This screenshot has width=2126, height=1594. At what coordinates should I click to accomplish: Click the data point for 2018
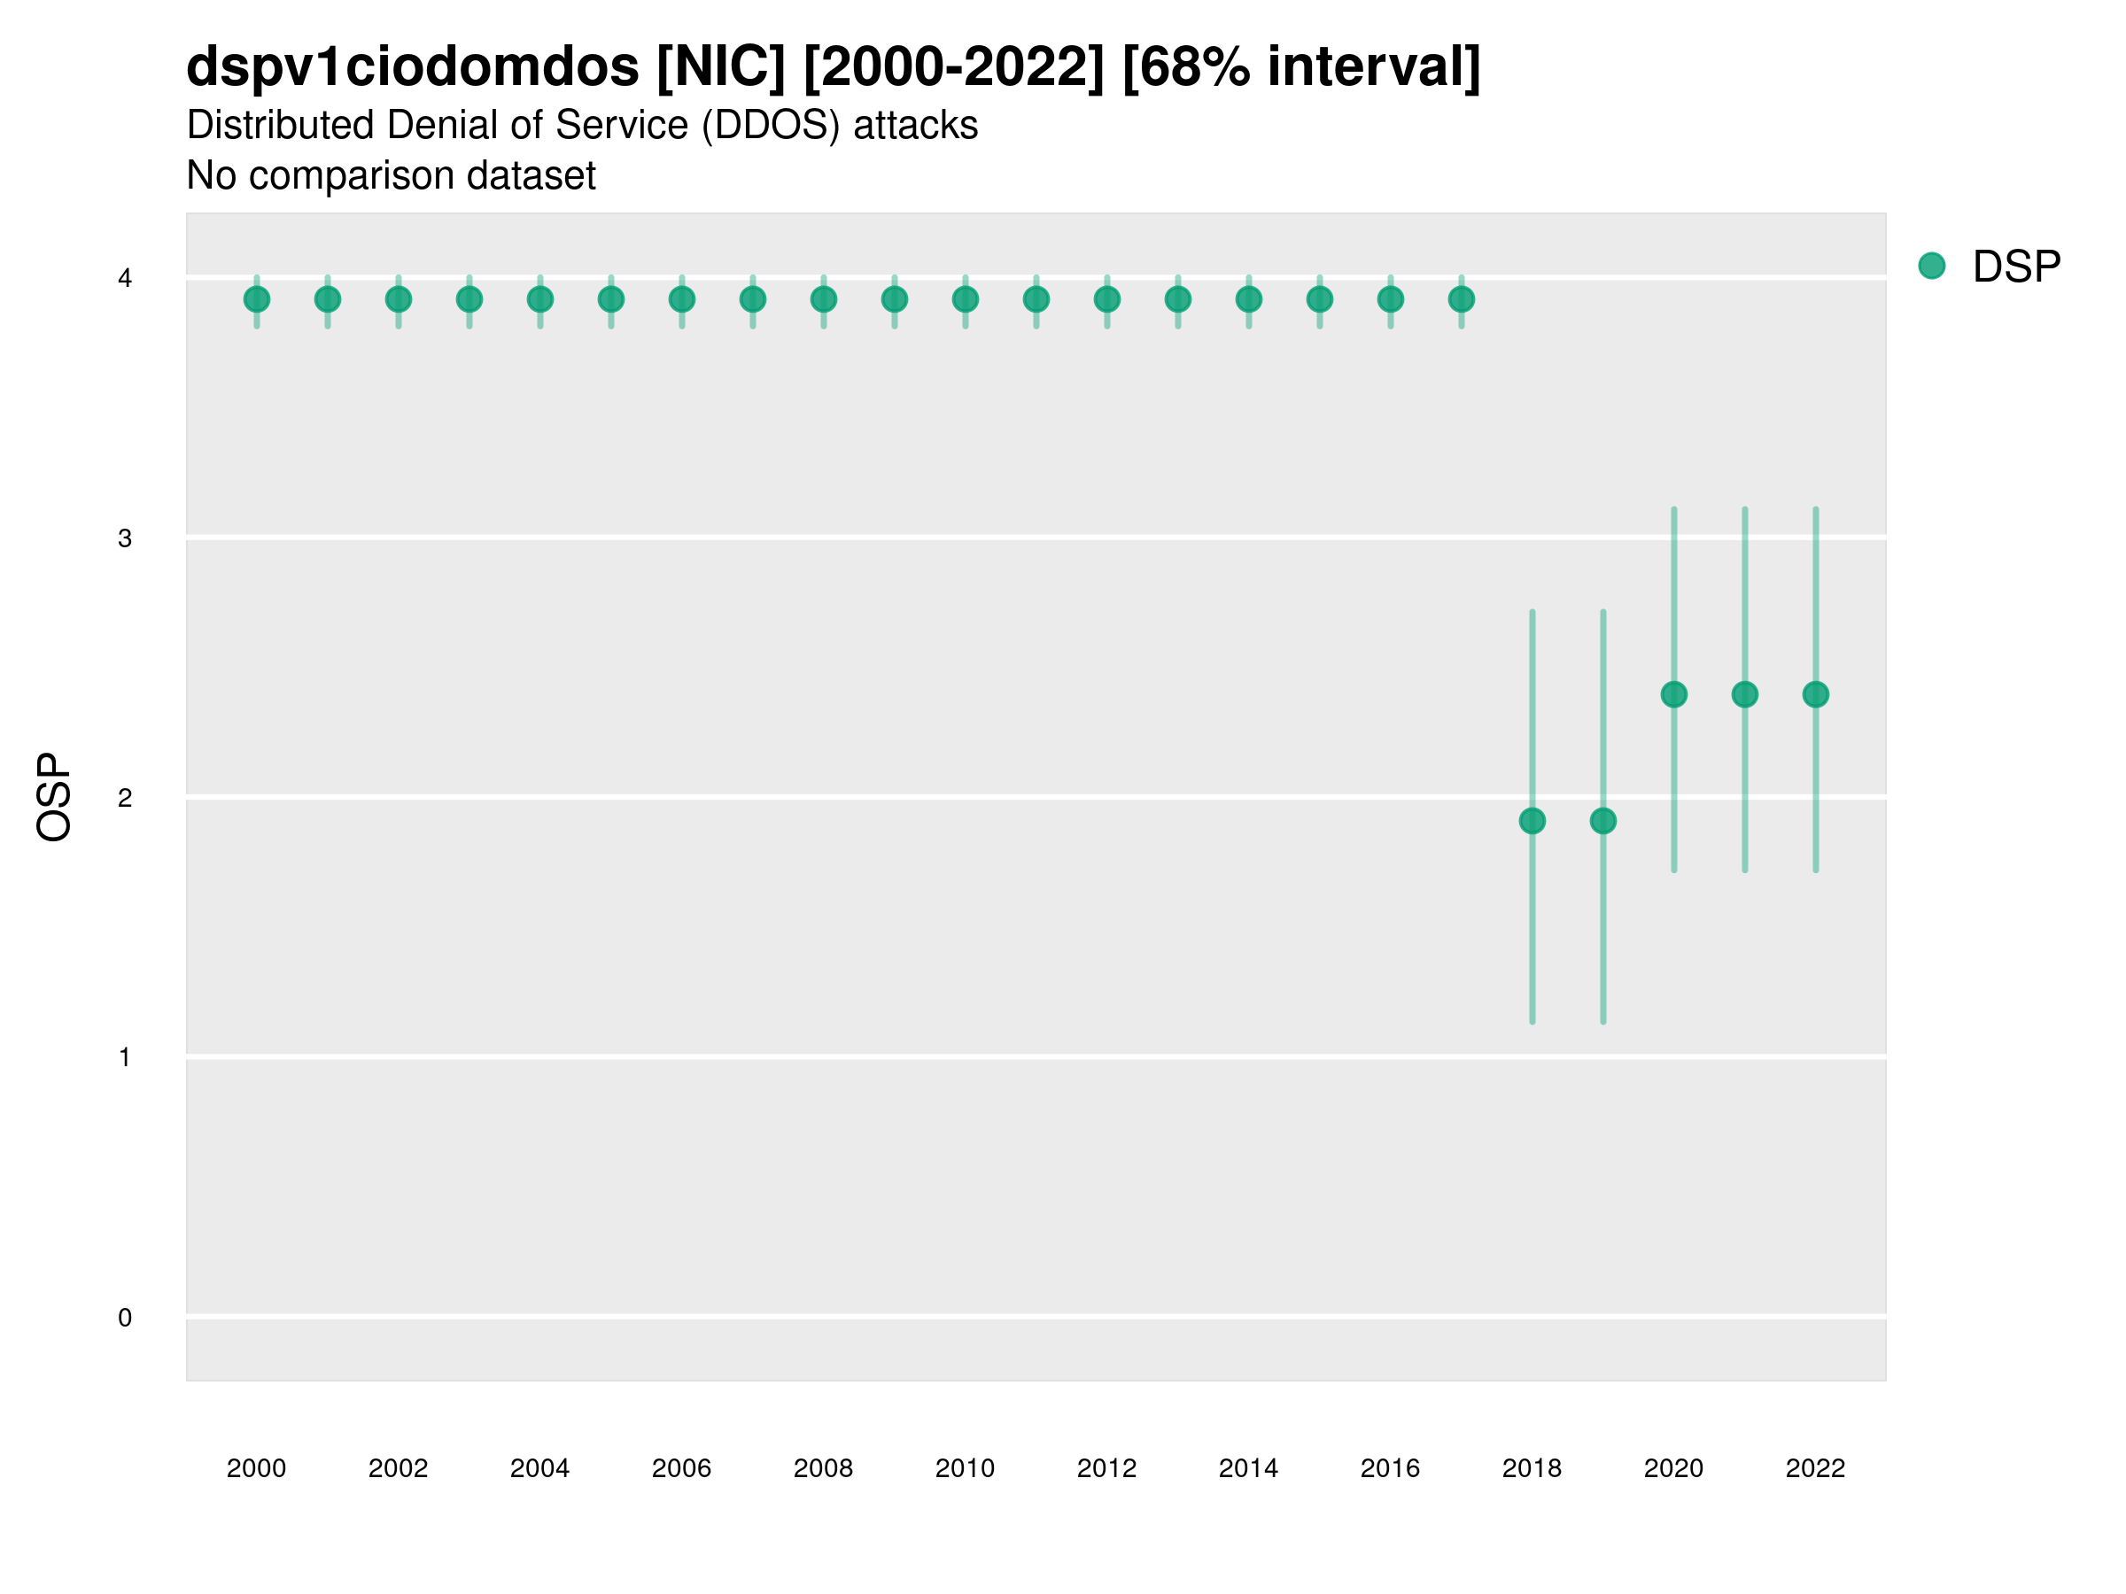point(1532,821)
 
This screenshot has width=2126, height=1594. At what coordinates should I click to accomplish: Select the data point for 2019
point(1603,821)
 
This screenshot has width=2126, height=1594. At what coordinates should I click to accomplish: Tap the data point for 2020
point(1673,693)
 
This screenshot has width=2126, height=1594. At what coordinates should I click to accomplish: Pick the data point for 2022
point(1816,693)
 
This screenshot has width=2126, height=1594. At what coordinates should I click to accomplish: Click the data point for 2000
point(257,300)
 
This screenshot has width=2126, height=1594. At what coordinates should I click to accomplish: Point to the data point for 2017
point(1461,300)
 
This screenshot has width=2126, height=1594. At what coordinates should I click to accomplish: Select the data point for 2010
point(965,300)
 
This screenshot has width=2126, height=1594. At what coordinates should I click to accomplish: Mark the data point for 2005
point(611,300)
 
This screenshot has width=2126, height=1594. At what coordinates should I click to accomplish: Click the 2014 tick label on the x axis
point(1248,1468)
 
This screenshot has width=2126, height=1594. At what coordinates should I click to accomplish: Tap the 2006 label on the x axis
point(681,1468)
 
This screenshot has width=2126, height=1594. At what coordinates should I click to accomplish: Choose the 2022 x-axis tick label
point(1816,1468)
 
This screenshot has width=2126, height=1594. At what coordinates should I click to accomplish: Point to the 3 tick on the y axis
point(125,538)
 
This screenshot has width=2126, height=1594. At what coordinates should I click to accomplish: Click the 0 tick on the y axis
point(125,1318)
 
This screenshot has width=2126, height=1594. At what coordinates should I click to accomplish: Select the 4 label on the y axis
point(125,279)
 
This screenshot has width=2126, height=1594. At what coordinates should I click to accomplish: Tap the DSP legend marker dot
point(1932,267)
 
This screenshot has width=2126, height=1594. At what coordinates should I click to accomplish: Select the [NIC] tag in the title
point(721,66)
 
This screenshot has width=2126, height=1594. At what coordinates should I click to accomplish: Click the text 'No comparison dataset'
point(392,176)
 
